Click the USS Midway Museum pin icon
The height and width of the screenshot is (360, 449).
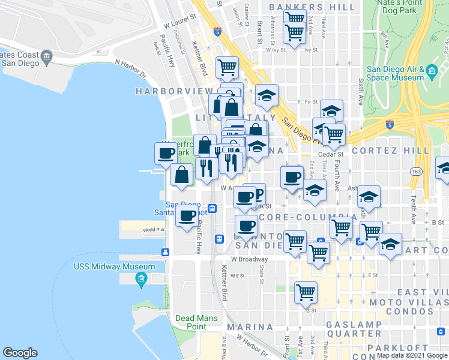[x=142, y=278]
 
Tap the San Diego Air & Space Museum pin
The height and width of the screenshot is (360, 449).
[x=432, y=73]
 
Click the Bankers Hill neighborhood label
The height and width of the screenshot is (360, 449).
[x=312, y=7]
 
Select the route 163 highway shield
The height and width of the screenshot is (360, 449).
[x=415, y=172]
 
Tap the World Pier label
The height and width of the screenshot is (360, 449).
[x=154, y=230]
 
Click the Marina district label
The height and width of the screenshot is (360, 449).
[x=250, y=327]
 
